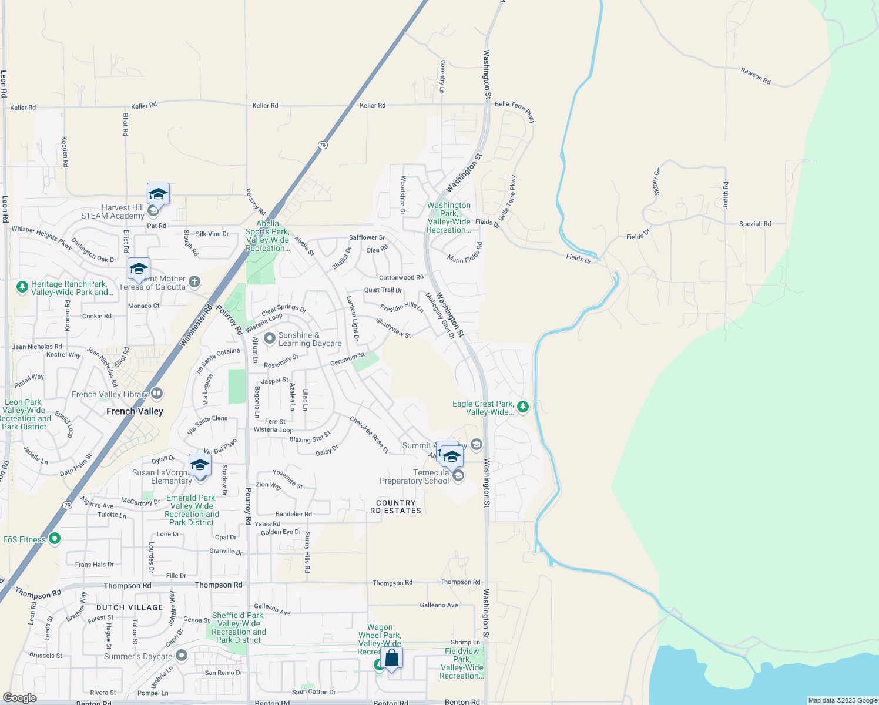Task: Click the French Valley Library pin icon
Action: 157,393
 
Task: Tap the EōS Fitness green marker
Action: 55,539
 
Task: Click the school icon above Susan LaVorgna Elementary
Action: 200,465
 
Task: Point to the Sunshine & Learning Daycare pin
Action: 270,338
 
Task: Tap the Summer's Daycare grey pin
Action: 182,655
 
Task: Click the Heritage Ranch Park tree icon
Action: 22,287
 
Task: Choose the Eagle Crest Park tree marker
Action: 522,407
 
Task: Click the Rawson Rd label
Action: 756,76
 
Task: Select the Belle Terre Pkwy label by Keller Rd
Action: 515,111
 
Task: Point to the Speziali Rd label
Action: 755,224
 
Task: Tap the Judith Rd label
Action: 726,195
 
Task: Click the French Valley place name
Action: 135,411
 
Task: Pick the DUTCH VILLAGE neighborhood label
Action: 129,607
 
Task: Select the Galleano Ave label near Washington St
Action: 439,605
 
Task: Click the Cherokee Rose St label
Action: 369,435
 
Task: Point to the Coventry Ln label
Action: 442,77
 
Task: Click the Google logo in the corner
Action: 19,697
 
